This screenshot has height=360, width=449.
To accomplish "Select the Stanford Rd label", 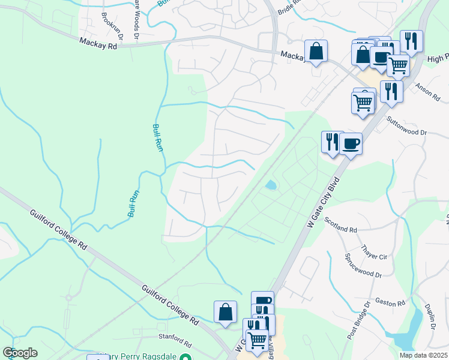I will tap(173, 344).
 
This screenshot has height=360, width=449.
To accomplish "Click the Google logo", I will tap(20, 353).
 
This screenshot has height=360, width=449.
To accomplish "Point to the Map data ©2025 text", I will tap(424, 355).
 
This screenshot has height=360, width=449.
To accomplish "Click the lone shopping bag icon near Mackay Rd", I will tap(316, 52).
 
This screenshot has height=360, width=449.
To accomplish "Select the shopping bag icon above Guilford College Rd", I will tap(225, 312).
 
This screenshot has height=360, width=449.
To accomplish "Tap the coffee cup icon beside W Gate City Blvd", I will tap(351, 144).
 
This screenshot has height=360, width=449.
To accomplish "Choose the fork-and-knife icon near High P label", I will tap(411, 41).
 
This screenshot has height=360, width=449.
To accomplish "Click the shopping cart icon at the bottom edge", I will tap(257, 340).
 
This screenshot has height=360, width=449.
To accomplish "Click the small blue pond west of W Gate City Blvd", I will tap(271, 185).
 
